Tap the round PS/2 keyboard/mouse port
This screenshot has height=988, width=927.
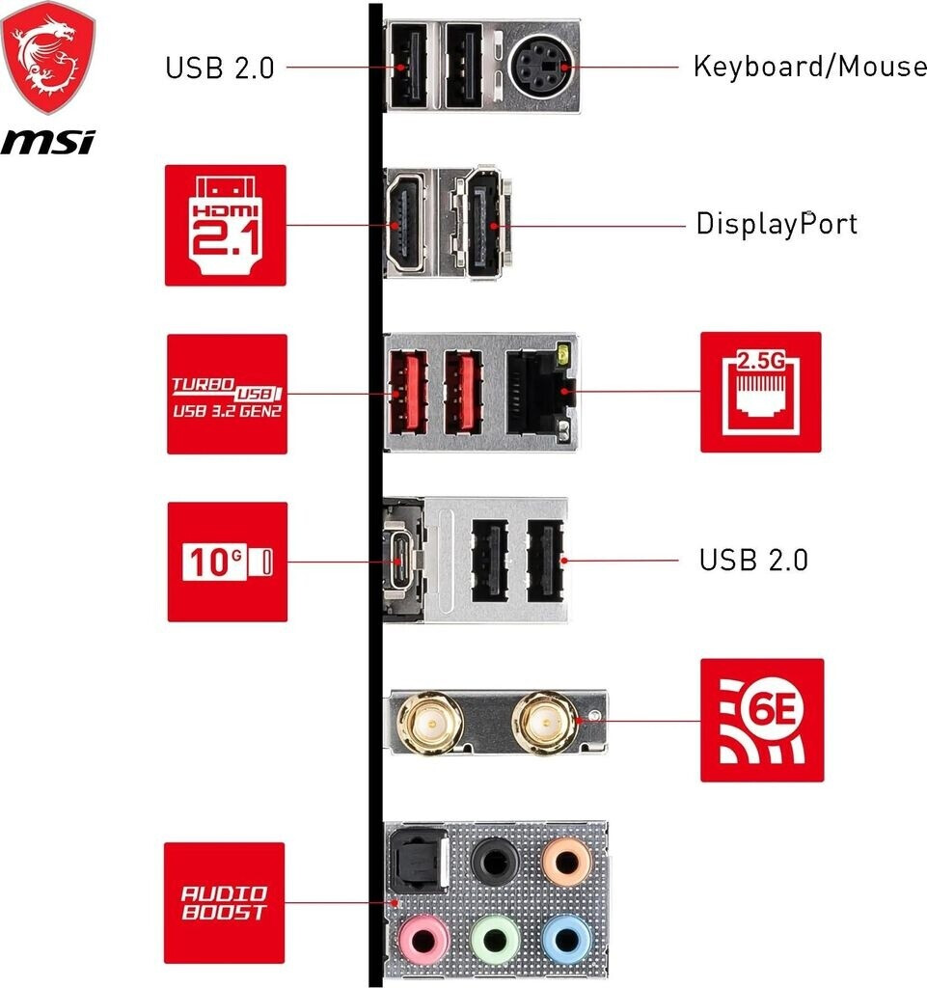pyautogui.click(x=541, y=66)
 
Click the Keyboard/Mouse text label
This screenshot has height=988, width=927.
pyautogui.click(x=810, y=67)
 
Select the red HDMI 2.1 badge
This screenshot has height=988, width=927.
pyautogui.click(x=226, y=225)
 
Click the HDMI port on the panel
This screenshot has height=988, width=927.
pyautogui.click(x=404, y=223)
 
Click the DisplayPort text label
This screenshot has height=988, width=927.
pyautogui.click(x=777, y=224)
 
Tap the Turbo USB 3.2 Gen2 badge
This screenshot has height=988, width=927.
pyautogui.click(x=228, y=394)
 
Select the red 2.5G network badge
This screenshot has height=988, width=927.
pyautogui.click(x=761, y=392)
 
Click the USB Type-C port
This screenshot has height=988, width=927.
pyautogui.click(x=400, y=561)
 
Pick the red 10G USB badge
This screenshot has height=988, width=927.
pyautogui.click(x=228, y=562)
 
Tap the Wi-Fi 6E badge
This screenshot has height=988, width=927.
pyautogui.click(x=762, y=720)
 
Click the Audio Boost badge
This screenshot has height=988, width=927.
pyautogui.click(x=224, y=902)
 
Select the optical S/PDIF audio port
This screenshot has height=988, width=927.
pyautogui.click(x=420, y=860)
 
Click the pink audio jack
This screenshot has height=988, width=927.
pyautogui.click(x=423, y=940)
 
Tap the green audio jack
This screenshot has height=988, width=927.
pyautogui.click(x=495, y=940)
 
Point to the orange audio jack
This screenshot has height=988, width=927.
pyautogui.click(x=567, y=862)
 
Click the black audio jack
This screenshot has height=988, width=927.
pyautogui.click(x=495, y=862)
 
